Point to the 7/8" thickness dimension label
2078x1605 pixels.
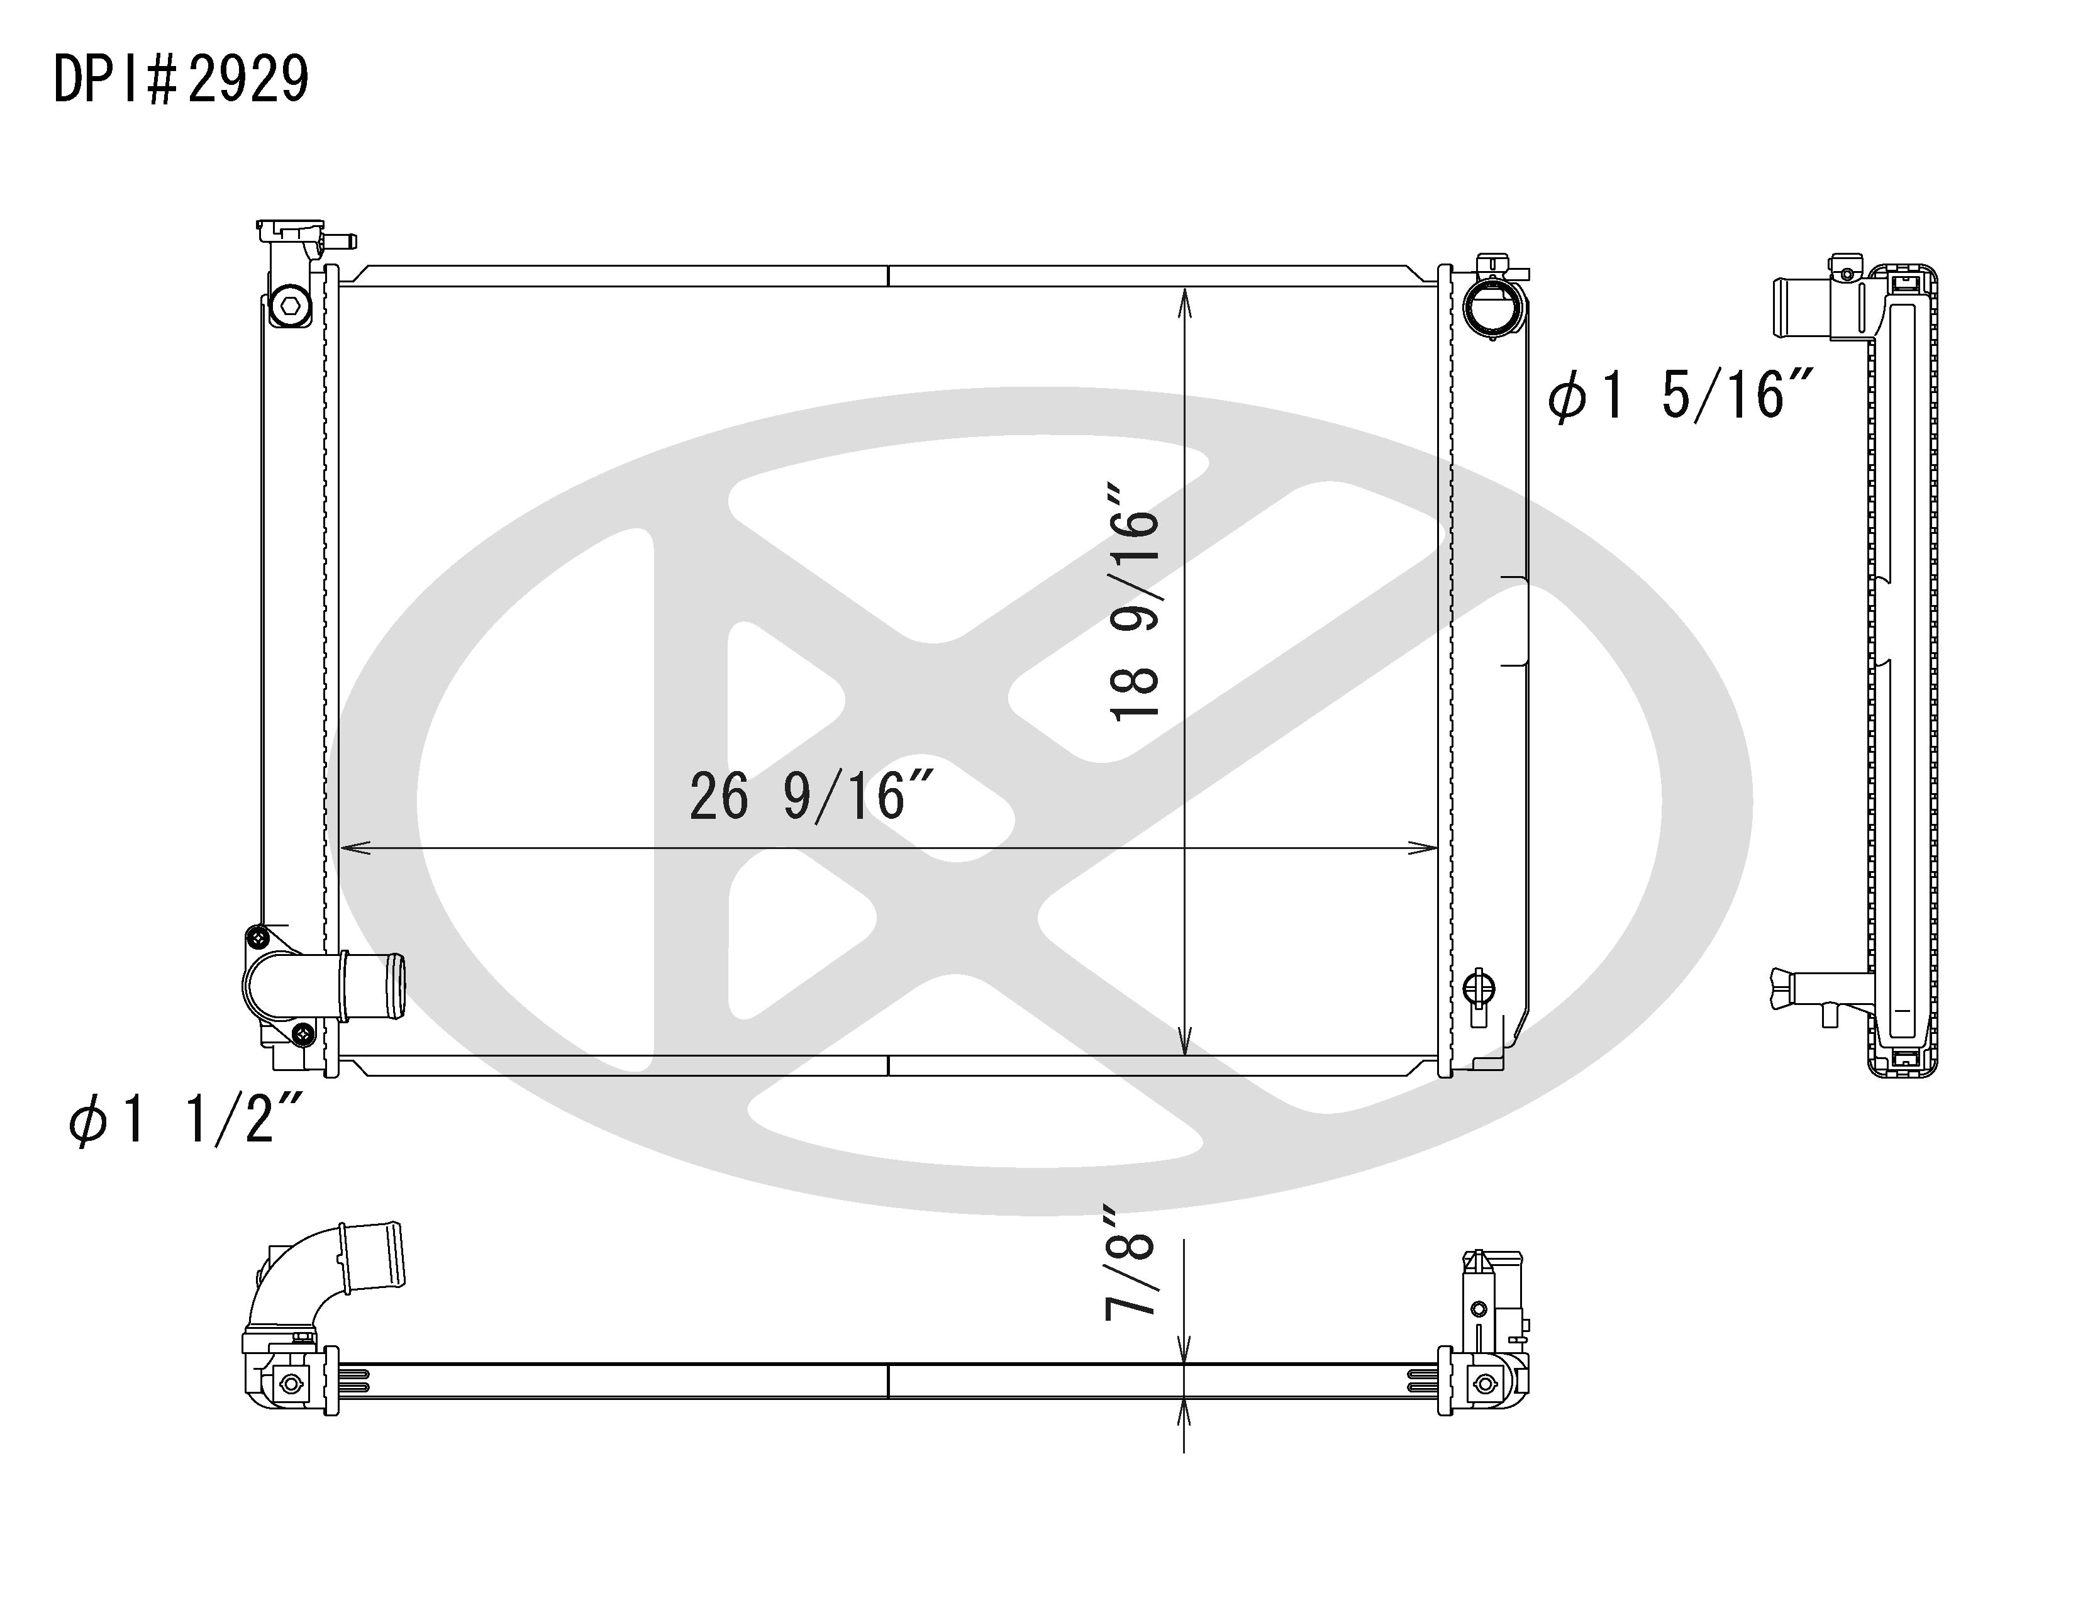(1130, 1262)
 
